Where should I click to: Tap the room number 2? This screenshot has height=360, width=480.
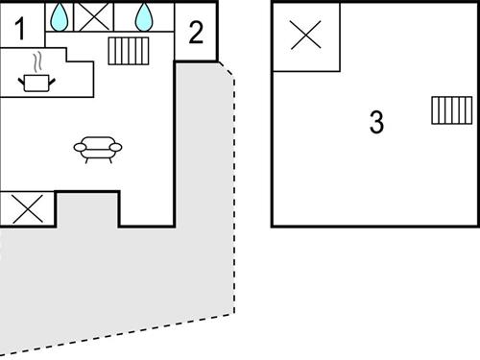point(197,33)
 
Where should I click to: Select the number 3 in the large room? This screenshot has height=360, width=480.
point(376,122)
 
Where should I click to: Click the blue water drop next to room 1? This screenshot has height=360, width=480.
point(60,15)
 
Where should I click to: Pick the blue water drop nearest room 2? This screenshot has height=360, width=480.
point(145,15)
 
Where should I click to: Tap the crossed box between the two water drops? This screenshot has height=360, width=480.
point(94,16)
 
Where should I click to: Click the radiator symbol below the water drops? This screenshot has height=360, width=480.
point(128,50)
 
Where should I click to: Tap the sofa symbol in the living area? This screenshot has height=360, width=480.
point(98,148)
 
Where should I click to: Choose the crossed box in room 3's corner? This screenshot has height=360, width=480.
point(305,36)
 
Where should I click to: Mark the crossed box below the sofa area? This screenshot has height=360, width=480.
point(27,209)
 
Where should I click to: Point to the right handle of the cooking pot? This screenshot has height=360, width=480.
point(54,79)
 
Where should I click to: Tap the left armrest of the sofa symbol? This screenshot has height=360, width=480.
point(78,146)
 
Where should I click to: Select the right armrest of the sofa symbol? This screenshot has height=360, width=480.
point(118,146)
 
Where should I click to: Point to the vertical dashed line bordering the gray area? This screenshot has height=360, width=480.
point(233,192)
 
